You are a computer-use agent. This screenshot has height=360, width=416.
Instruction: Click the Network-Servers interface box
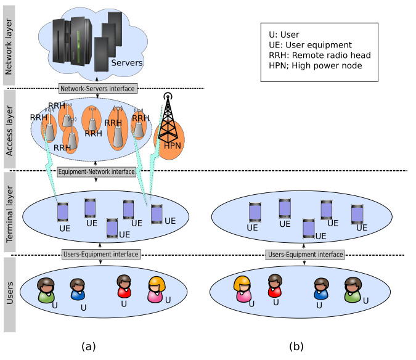[98, 89]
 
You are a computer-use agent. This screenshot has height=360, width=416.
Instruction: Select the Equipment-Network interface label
[97, 172]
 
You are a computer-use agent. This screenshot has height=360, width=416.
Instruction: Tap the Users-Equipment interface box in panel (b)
[305, 255]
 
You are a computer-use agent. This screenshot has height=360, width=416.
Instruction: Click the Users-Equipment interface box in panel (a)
[101, 255]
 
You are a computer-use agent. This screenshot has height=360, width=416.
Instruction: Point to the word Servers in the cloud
[127, 63]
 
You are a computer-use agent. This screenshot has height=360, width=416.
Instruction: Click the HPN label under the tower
[172, 145]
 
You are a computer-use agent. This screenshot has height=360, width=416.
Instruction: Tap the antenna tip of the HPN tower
[168, 96]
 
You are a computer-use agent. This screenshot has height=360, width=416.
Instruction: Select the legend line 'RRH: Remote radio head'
[320, 55]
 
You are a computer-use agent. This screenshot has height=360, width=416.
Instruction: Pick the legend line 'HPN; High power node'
[316, 65]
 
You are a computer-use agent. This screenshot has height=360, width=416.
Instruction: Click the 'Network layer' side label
[9, 47]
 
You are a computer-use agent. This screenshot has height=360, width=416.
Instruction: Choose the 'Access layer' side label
[9, 131]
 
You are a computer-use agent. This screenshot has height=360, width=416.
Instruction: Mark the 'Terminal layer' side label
[9, 214]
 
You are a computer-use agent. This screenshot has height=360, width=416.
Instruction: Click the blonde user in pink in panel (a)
[157, 290]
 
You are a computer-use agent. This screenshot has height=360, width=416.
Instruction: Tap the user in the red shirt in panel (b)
[275, 286]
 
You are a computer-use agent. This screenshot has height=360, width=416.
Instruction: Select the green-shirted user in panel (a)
[46, 290]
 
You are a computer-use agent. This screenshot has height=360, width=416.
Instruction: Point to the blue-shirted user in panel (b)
[321, 289]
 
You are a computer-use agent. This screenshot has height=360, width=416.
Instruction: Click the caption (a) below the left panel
[89, 346]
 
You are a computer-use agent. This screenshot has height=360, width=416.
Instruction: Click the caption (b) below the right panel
[296, 346]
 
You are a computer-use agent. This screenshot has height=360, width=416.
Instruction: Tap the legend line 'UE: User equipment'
[310, 45]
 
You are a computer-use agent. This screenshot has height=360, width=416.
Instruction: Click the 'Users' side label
[9, 293]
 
